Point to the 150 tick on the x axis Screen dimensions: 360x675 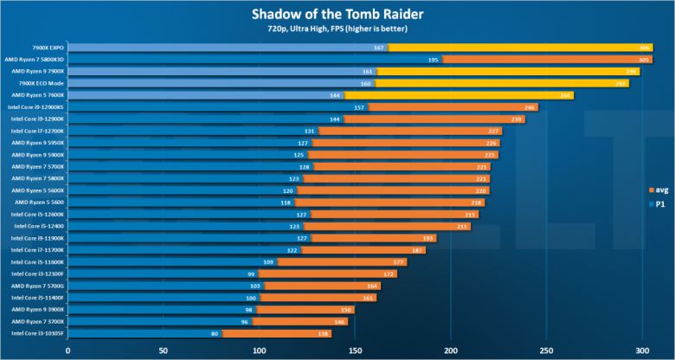(x=354, y=350)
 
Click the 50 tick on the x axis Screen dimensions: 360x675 (x=163, y=350)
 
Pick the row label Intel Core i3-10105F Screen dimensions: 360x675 (x=37, y=332)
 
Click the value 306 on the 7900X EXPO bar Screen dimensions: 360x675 (x=644, y=47)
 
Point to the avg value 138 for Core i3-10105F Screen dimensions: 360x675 (x=324, y=332)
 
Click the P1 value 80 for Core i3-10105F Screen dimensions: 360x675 (x=215, y=332)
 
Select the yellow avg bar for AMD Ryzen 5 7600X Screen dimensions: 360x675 (x=459, y=94)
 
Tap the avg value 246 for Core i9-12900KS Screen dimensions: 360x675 (x=530, y=106)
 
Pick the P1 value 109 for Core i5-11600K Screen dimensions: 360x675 (x=268, y=261)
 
